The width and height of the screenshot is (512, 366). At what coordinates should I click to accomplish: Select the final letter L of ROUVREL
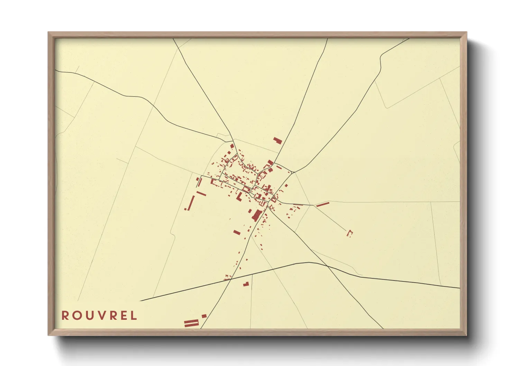pyautogui.click(x=134, y=315)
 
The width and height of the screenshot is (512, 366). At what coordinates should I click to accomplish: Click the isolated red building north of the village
pyautogui.click(x=277, y=140)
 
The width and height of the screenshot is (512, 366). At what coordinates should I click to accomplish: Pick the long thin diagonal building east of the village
pyautogui.click(x=322, y=204)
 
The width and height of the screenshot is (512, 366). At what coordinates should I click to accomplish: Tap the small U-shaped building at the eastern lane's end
pyautogui.click(x=349, y=233)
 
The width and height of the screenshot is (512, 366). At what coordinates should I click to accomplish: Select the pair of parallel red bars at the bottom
pyautogui.click(x=191, y=323)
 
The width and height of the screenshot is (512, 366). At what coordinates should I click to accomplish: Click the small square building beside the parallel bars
pyautogui.click(x=204, y=316)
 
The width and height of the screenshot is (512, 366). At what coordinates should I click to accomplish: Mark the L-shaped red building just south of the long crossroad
pyautogui.click(x=246, y=284)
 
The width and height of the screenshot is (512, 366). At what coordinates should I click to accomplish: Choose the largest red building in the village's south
pyautogui.click(x=256, y=215)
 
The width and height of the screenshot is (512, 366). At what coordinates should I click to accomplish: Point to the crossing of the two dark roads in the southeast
pyautogui.click(x=326, y=266)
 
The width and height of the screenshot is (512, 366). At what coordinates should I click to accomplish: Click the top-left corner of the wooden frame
pyautogui.click(x=48, y=33)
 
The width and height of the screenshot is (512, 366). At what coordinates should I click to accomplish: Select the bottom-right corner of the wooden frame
pyautogui.click(x=466, y=335)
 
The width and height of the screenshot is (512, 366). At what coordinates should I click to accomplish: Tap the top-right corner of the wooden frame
pyautogui.click(x=466, y=33)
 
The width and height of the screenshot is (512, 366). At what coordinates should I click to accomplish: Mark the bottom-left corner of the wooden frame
pyautogui.click(x=48, y=335)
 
